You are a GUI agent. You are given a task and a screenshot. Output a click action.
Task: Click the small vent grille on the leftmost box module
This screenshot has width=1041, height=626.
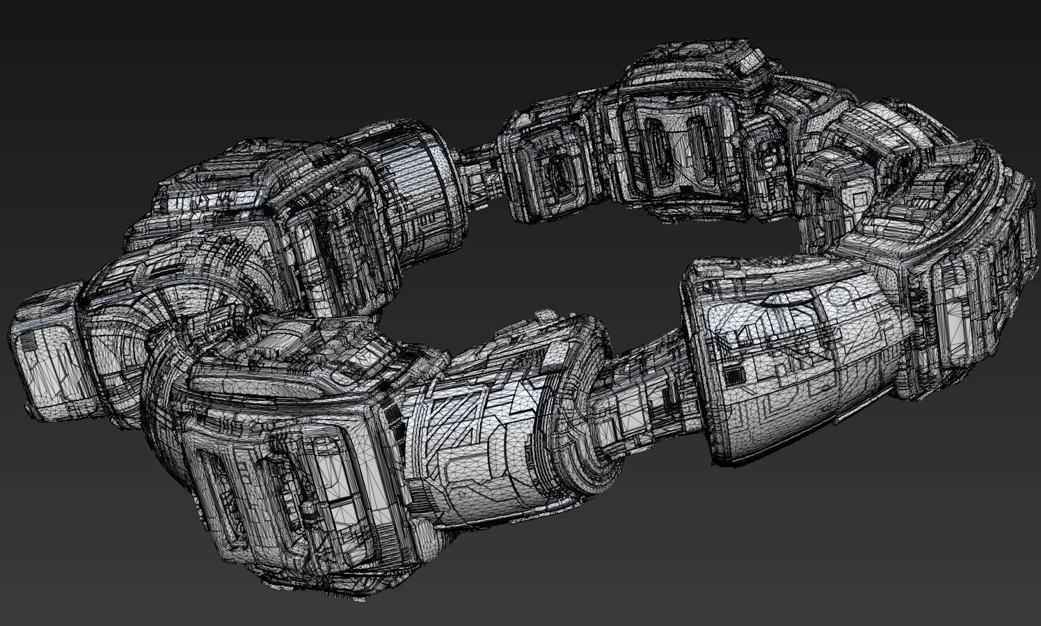pyautogui.click(x=29, y=343)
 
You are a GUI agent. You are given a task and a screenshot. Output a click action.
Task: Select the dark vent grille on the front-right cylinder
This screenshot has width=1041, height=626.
pyautogui.click(x=731, y=376)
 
